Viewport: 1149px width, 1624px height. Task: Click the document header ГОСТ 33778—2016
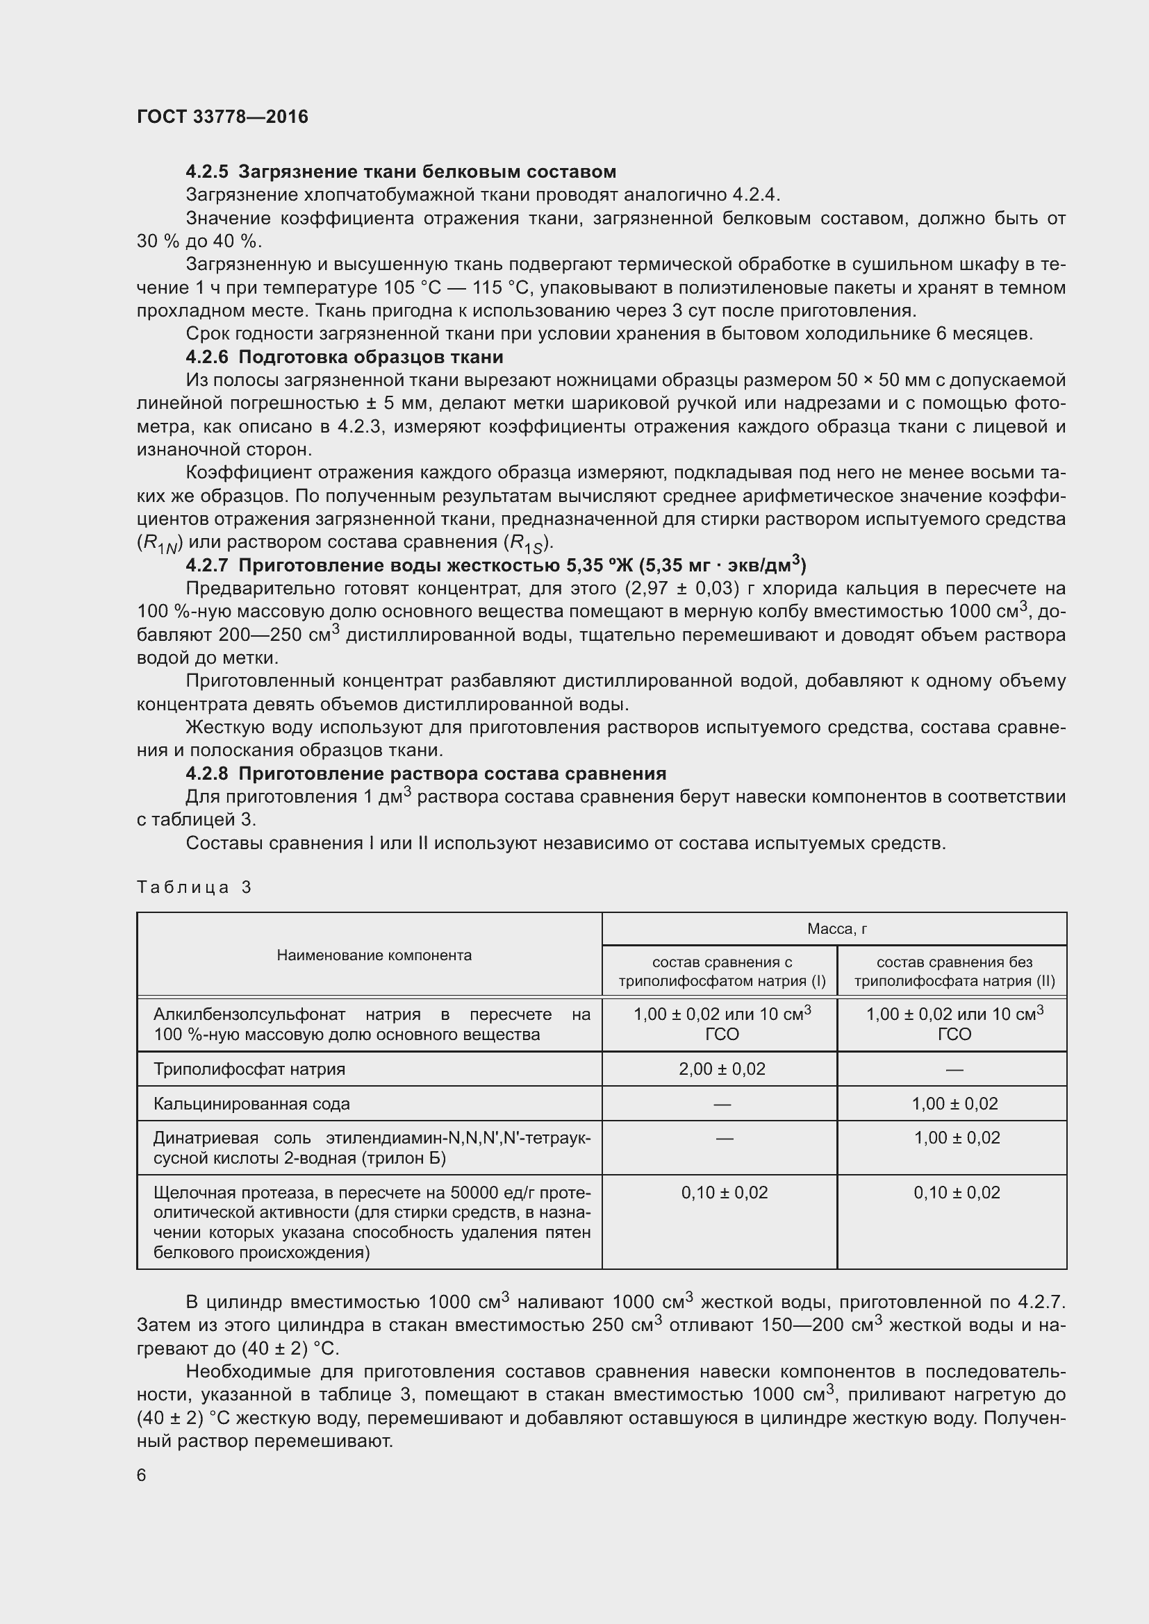(x=222, y=117)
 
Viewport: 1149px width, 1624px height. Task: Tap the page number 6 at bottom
(x=142, y=1475)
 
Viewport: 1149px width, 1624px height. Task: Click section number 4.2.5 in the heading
(x=207, y=172)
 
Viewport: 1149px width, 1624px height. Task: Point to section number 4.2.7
(x=207, y=565)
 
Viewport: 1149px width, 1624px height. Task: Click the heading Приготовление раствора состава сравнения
(x=453, y=773)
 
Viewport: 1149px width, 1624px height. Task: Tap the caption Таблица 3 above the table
(x=194, y=888)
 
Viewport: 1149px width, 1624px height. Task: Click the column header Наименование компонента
(x=374, y=955)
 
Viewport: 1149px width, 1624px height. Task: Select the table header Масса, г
(x=836, y=930)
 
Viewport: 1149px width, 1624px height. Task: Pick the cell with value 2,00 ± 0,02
(x=722, y=1069)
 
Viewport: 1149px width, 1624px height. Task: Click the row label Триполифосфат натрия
(x=249, y=1069)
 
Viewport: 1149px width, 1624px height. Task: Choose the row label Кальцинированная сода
(x=251, y=1104)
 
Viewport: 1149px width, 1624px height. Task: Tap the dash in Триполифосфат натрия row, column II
(x=954, y=1069)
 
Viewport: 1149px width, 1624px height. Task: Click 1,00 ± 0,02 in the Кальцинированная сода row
(x=954, y=1104)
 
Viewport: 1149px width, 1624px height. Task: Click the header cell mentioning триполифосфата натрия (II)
(x=954, y=972)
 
